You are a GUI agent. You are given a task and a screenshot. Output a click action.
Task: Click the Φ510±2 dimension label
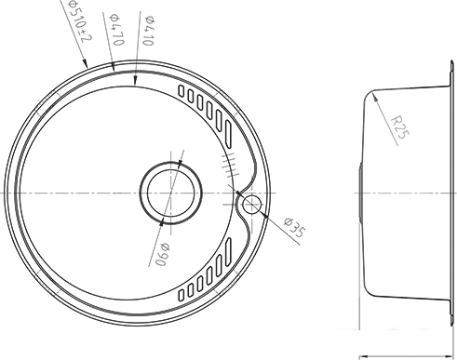(80, 22)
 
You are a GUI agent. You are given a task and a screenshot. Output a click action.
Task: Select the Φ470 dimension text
(117, 30)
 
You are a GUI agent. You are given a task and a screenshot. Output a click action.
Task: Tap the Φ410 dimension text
(149, 31)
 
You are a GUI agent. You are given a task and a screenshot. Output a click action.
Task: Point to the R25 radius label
(400, 127)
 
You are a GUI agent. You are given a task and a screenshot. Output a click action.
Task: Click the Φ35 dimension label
(295, 227)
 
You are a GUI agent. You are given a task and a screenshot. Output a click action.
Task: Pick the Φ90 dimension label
(162, 254)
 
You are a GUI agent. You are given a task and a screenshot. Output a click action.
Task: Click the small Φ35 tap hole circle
(251, 205)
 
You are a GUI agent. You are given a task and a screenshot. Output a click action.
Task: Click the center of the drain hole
(171, 193)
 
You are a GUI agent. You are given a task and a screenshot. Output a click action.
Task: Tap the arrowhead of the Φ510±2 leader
(85, 63)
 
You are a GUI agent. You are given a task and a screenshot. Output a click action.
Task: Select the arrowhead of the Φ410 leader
(135, 81)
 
